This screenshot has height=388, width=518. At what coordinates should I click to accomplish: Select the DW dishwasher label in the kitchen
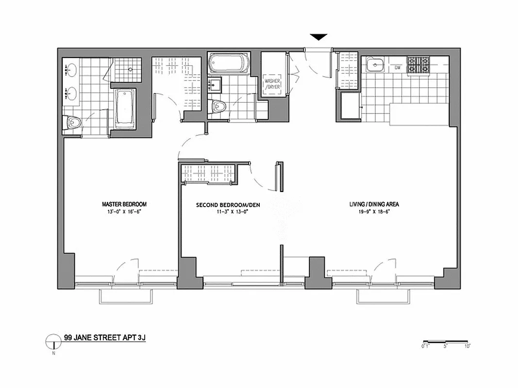pos(397,67)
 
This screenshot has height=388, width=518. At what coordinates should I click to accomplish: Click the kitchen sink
pos(375,64)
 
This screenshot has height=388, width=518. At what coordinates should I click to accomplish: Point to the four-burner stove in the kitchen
pos(418,65)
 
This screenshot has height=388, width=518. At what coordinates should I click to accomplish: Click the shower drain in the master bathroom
pos(131,69)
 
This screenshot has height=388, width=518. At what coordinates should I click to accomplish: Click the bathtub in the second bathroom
pos(228,64)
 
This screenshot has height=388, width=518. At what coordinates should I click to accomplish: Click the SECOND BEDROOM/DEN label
pos(228,205)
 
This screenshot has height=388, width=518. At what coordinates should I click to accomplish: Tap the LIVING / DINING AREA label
pos(374,204)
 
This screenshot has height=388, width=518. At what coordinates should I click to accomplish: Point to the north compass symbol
pos(52,342)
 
